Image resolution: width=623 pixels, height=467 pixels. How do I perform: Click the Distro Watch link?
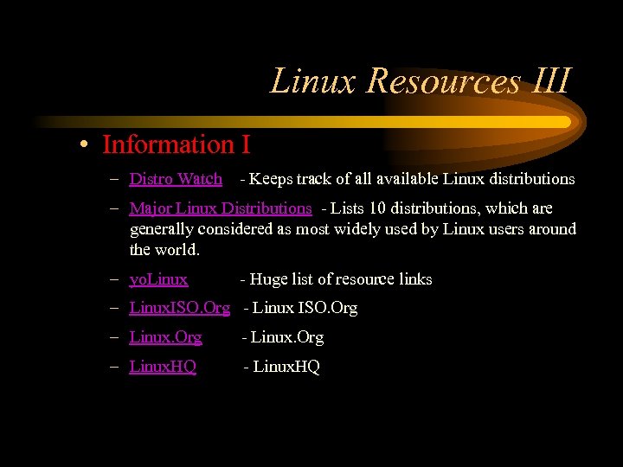pos(176,179)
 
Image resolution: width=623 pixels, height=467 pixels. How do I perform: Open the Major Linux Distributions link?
pos(220,208)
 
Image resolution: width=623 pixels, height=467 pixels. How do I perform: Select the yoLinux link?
pos(158,279)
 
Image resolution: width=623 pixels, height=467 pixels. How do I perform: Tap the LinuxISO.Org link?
pos(179,308)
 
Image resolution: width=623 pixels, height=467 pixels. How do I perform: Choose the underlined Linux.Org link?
pos(165,337)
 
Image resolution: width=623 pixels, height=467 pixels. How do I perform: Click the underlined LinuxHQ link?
pos(163,367)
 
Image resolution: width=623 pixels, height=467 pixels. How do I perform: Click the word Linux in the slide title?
pos(313,81)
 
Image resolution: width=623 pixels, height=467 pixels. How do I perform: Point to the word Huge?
pos(269,279)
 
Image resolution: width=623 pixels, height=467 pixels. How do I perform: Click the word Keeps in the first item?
pos(271,179)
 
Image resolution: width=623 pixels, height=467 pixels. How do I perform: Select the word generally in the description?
pos(162,229)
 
